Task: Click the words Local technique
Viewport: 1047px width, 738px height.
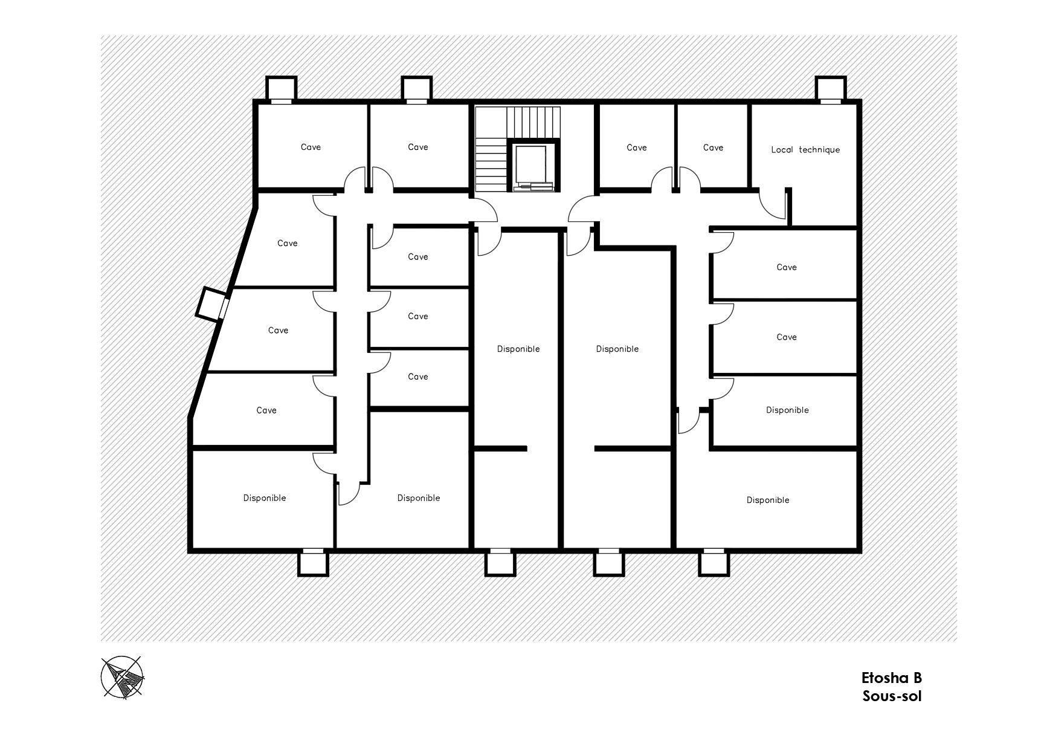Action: (805, 150)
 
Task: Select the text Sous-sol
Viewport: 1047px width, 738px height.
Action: (892, 696)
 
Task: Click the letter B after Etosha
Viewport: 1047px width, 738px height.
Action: (917, 678)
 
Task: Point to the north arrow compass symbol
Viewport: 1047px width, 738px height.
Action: (123, 677)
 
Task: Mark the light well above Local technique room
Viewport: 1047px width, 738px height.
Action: (831, 89)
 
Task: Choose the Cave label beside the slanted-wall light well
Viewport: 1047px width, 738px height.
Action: (278, 331)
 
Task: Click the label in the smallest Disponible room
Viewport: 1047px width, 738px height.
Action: (787, 410)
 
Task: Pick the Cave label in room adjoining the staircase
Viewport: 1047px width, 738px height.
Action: (417, 147)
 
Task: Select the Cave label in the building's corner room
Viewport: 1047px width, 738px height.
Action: (311, 147)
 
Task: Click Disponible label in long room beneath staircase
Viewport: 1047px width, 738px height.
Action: (518, 349)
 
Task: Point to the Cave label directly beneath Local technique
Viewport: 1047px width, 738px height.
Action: (787, 267)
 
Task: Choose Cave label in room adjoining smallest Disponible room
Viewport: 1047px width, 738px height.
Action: (787, 337)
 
